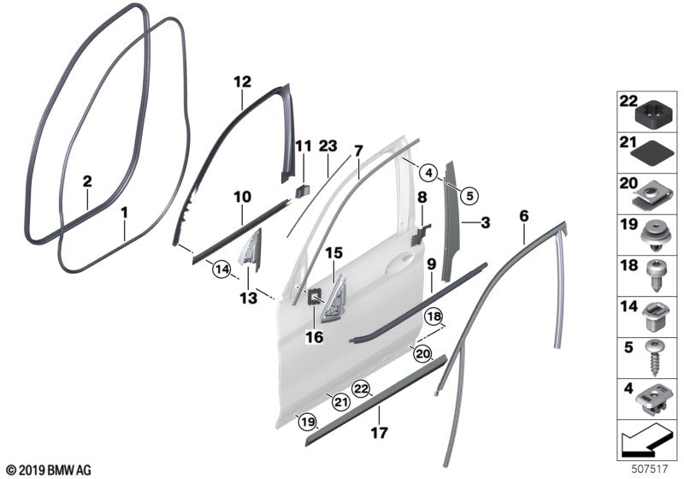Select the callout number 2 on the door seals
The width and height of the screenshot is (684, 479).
coord(87,181)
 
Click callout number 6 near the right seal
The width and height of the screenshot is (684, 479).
coord(523,217)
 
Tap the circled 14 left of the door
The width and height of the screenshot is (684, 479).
coord(222,269)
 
